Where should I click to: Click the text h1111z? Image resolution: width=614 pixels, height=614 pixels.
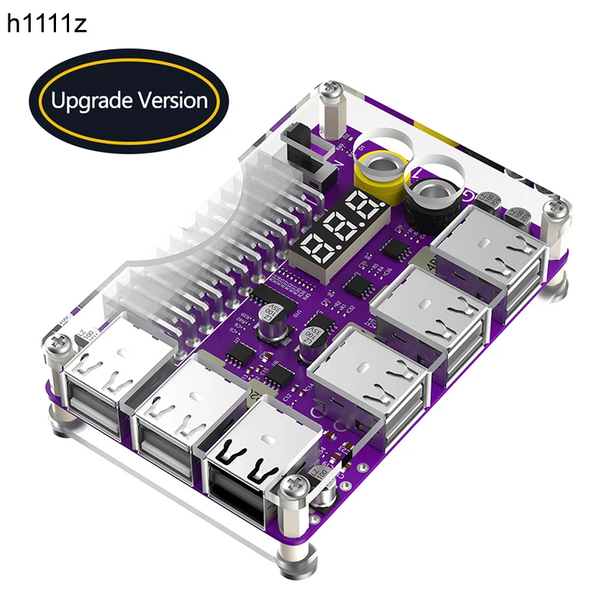(47, 25)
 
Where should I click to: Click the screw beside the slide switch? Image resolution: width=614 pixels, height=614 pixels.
(332, 93)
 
